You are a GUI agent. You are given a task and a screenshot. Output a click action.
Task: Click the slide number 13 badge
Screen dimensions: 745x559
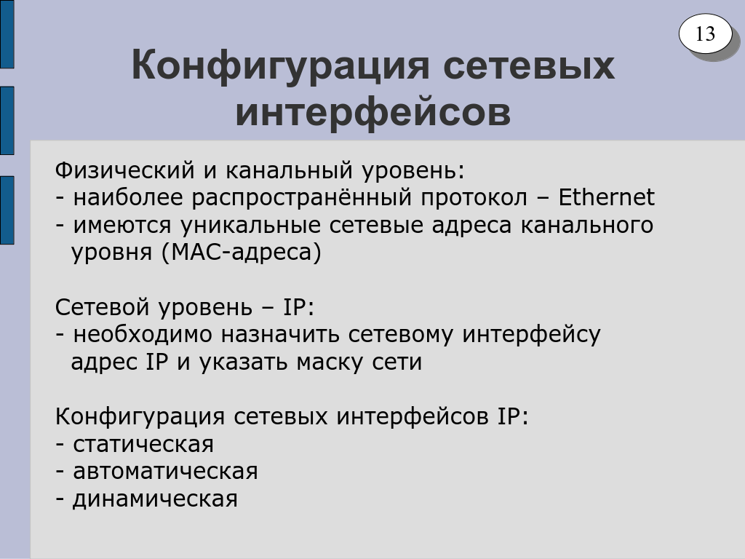tap(706, 33)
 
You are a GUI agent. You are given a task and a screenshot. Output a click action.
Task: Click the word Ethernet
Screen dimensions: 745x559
tap(606, 197)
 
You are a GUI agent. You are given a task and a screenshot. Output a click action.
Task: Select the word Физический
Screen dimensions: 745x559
tap(125, 171)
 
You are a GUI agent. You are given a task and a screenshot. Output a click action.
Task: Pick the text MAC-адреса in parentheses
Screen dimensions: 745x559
tap(242, 253)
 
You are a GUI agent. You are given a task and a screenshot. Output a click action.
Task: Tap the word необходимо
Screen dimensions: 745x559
tap(143, 335)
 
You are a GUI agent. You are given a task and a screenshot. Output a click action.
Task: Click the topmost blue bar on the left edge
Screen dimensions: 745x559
tap(7, 34)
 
